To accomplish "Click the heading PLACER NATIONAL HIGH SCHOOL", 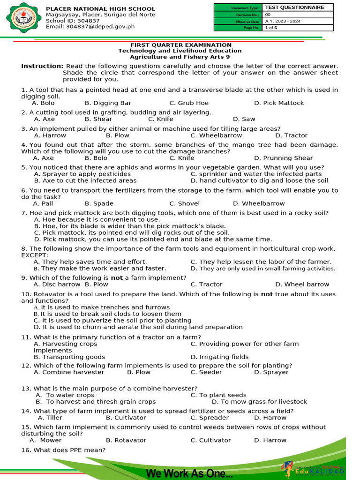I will point(100,9).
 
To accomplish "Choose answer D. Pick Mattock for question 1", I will point(279,103).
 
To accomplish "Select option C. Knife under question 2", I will point(161,119).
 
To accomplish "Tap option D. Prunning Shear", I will point(283,158).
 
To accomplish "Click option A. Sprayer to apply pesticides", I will point(82,174).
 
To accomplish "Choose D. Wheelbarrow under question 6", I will point(259,203).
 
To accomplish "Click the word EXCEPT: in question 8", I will point(34,255).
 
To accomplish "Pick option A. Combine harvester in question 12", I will point(69,372).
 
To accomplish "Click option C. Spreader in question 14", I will point(210,418).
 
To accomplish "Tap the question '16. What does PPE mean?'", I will point(63,450).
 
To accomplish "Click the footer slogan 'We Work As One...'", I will point(189,473).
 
